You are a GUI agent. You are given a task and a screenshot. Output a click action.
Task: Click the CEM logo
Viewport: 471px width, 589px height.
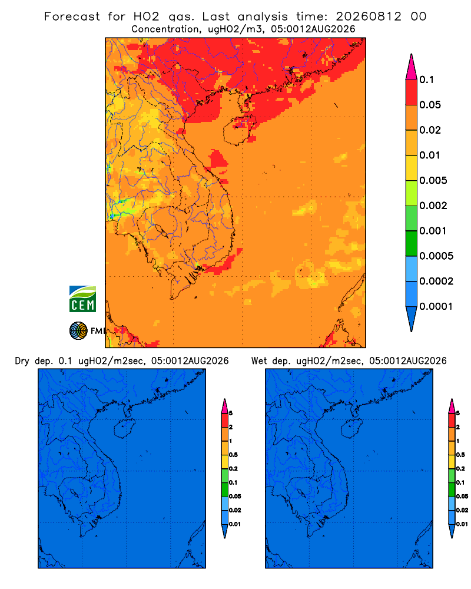coord(82,299)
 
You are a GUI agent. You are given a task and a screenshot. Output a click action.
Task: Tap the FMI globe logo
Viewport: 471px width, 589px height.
coord(78,331)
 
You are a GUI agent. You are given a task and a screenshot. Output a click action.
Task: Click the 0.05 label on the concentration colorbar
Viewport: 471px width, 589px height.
coord(430,105)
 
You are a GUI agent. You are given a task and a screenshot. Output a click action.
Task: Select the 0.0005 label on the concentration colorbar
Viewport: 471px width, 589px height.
coord(436,256)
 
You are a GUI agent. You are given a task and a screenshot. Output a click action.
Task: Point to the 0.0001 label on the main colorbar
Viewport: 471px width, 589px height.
coord(436,306)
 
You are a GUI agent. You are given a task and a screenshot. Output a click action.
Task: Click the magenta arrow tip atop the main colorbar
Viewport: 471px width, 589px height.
coord(412,67)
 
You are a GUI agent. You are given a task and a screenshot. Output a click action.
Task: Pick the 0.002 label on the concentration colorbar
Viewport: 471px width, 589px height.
coord(433,206)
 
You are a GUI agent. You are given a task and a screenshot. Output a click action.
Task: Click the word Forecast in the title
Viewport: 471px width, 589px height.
coord(72,16)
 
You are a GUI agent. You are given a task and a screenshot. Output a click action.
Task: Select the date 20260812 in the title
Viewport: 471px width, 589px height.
coord(369,16)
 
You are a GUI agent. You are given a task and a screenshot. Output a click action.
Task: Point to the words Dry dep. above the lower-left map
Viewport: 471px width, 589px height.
coord(34,362)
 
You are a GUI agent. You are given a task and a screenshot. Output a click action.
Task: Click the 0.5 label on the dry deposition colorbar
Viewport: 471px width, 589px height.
coord(233,455)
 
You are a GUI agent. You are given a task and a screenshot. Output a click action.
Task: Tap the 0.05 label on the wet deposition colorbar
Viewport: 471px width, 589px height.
coord(462,496)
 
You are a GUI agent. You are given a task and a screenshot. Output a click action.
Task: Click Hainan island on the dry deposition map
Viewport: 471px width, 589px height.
coord(124,429)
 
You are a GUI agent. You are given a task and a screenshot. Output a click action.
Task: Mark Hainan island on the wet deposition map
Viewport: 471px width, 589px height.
coord(351,429)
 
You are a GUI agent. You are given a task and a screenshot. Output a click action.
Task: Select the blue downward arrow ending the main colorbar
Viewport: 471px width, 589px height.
coord(412,319)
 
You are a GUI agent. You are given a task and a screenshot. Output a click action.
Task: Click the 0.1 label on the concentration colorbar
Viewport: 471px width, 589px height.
coord(427,80)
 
